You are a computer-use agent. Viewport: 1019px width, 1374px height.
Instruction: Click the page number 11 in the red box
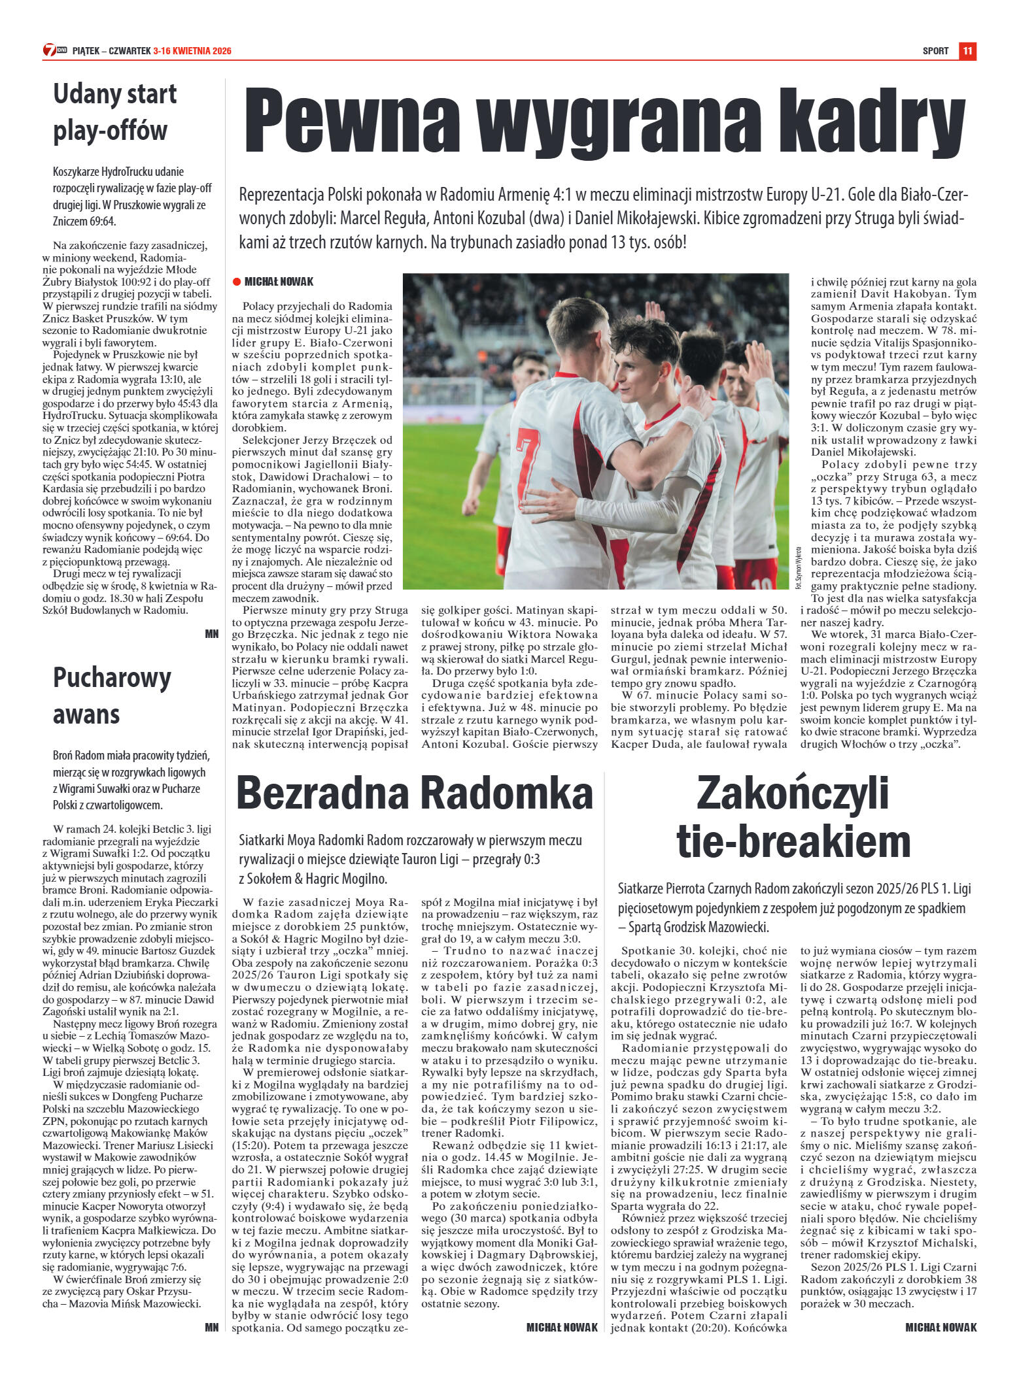(x=967, y=51)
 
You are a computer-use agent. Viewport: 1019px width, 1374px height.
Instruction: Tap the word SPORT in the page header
(x=935, y=51)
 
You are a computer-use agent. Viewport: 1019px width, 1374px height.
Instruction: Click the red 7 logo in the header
(x=50, y=50)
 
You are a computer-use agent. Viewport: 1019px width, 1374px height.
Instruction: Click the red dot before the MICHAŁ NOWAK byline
(x=237, y=282)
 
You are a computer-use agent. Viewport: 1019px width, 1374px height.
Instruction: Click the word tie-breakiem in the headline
(x=793, y=842)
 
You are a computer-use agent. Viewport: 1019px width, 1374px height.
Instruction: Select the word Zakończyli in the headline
(x=793, y=792)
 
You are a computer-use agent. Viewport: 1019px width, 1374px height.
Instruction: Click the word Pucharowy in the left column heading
(x=112, y=677)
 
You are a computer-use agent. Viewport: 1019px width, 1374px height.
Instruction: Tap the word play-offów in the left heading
(x=111, y=131)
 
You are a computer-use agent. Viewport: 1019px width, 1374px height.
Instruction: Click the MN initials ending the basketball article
(x=211, y=633)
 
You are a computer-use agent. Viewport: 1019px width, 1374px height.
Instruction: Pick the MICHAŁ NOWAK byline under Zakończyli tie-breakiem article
(x=941, y=1327)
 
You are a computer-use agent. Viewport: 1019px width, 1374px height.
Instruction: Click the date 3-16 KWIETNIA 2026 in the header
(x=192, y=51)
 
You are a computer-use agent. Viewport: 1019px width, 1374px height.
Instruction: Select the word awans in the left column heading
(x=86, y=714)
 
